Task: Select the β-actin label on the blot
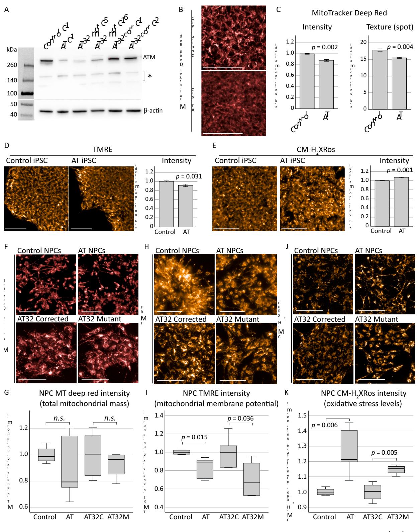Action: click(153, 110)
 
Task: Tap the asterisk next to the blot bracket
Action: click(150, 76)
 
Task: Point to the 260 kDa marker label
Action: click(12, 65)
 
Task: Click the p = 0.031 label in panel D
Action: click(189, 176)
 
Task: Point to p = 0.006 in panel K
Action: click(324, 425)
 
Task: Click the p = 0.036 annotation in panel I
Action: click(240, 418)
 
